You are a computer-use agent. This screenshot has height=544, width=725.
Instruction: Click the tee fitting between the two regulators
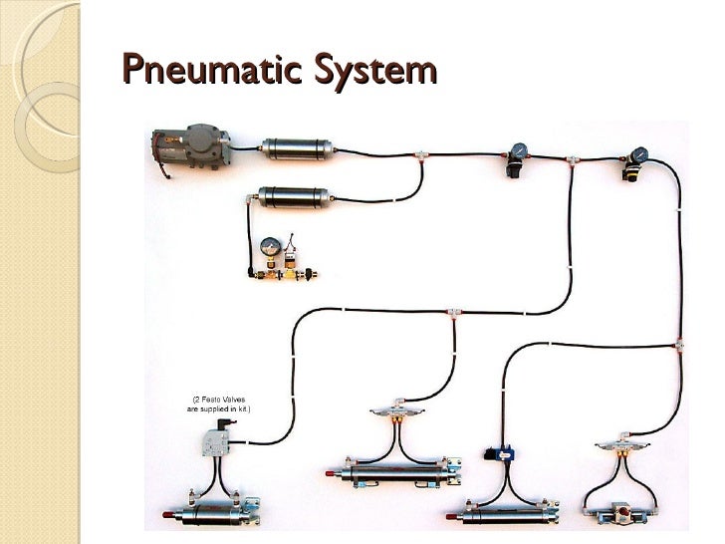point(572,159)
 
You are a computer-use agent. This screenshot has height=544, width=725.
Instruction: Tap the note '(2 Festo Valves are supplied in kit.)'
point(215,404)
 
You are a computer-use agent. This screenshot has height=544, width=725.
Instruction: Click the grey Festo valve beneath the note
point(216,439)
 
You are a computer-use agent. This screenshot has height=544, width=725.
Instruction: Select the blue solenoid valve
point(500,452)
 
